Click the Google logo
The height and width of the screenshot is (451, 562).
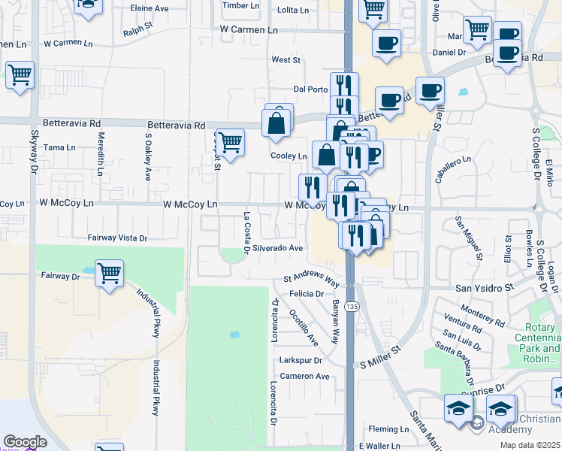(25, 442)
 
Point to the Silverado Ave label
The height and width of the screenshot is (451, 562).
(277, 247)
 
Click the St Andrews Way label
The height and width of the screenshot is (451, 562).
(312, 280)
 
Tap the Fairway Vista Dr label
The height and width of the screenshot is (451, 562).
(118, 238)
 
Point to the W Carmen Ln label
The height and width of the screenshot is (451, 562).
(249, 29)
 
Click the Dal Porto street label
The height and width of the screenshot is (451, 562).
(311, 89)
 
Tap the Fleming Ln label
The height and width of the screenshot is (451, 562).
(388, 430)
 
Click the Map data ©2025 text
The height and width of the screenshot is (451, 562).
(531, 445)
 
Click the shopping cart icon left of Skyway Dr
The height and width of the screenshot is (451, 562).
(20, 75)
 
